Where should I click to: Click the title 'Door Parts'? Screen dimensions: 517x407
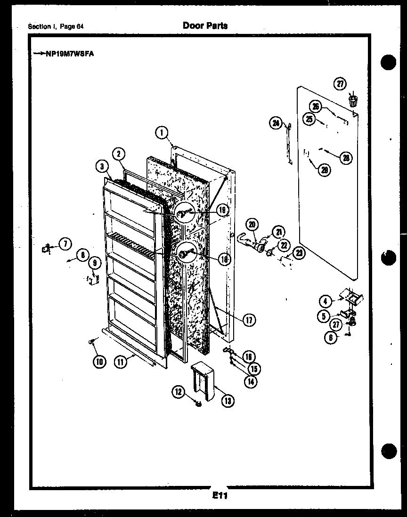point(205,25)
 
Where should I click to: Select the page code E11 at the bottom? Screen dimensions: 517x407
point(220,495)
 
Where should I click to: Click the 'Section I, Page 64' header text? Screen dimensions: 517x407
point(56,26)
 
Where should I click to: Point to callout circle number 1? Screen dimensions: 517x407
point(162,133)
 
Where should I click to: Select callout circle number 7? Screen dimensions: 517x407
point(65,243)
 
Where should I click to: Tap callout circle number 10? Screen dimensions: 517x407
point(99,362)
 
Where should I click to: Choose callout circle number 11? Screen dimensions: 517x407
point(121,362)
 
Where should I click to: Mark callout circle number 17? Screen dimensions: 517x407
point(249,320)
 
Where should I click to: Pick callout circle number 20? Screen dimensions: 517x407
point(252,225)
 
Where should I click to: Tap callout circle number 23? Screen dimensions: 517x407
point(298,253)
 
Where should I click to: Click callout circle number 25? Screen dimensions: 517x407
point(309,119)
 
